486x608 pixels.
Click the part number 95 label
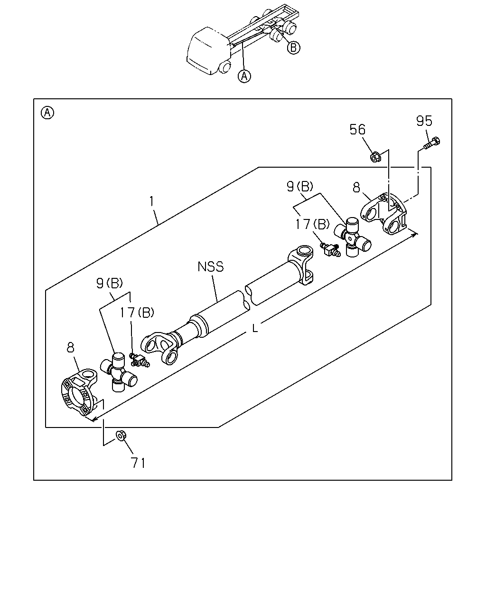tap(424, 121)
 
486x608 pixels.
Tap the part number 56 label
tap(357, 129)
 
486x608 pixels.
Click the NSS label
tap(211, 266)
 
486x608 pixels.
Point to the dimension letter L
tap(255, 328)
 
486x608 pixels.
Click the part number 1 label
tap(152, 201)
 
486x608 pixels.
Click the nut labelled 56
tap(375, 157)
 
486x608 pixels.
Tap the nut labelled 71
tap(121, 436)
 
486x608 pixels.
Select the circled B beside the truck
tap(293, 47)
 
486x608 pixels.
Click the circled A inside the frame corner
tap(47, 113)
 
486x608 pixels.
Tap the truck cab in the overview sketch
tap(209, 51)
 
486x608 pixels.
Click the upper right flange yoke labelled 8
tap(384, 214)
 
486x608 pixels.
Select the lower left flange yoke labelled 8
tap(80, 392)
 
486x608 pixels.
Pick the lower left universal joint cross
tap(119, 372)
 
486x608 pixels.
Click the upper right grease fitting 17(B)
tap(330, 248)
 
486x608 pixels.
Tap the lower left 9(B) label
tap(110, 283)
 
